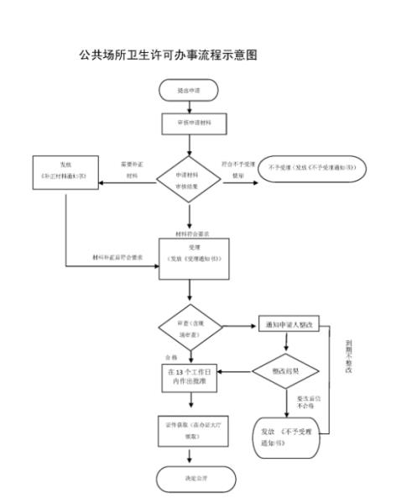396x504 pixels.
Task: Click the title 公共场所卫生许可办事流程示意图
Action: click(x=168, y=55)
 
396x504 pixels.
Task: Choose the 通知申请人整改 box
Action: click(x=288, y=325)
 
